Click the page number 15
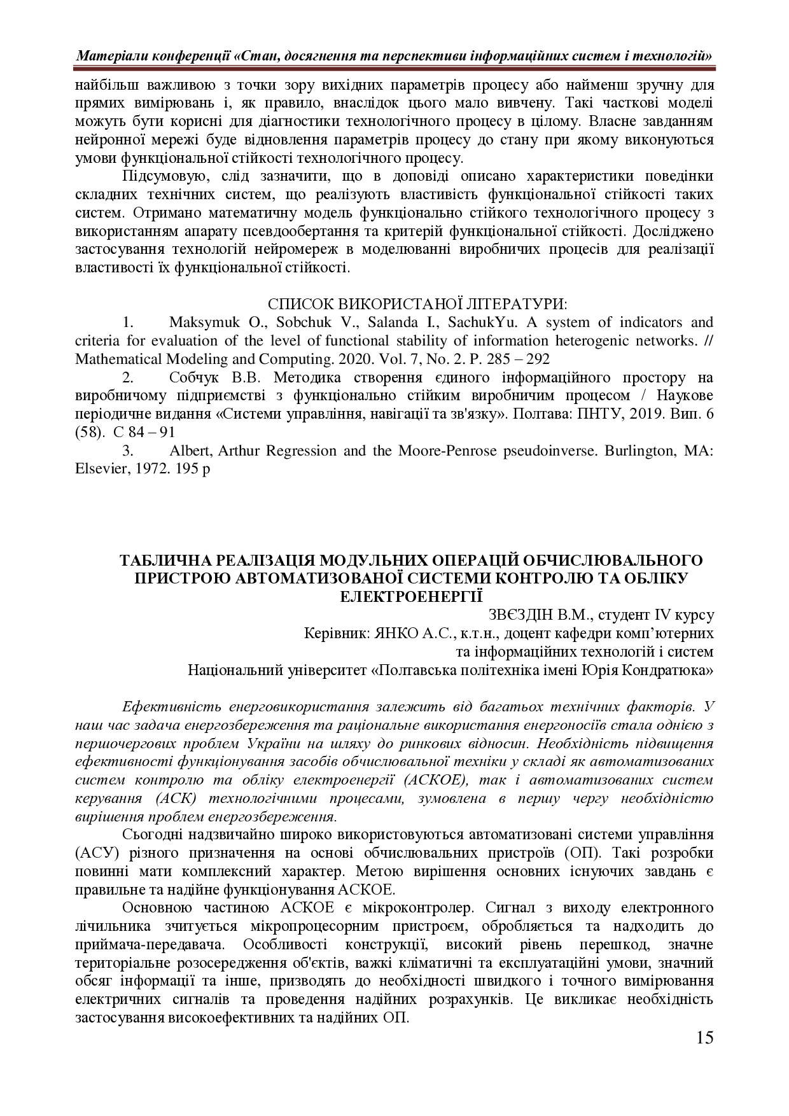coord(704,1038)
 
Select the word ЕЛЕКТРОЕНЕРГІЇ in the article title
coord(412,596)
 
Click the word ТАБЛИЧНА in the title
coord(164,560)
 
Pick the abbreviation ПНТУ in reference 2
coord(595,414)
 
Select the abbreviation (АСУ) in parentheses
coord(95,853)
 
